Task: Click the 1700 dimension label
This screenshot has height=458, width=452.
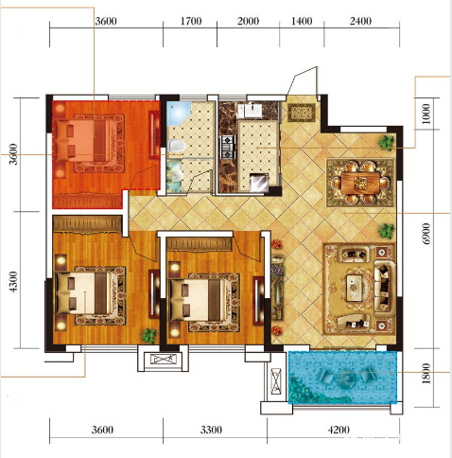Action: coord(191,21)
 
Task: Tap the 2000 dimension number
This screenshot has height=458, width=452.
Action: coord(248,21)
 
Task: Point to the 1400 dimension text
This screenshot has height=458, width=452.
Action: coord(302,21)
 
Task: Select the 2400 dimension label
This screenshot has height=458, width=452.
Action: coord(360,21)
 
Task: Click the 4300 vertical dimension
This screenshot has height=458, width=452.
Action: coord(14,282)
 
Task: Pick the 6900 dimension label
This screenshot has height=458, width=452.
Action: coord(426,234)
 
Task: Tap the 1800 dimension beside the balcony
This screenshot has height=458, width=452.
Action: coord(426,374)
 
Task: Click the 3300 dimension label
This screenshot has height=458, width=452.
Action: coord(211,430)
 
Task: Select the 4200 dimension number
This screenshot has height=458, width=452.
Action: coord(339,430)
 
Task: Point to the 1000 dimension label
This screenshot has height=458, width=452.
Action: coord(426,114)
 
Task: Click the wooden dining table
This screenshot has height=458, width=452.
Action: coord(360,182)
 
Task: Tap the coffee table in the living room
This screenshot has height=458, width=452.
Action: coord(355,288)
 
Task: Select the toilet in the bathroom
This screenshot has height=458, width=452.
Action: coord(176,146)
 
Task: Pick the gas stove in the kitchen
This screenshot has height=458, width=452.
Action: coord(228,147)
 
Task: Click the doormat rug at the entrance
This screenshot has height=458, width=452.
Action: coord(302,113)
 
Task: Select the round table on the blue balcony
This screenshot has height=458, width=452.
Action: coord(344,378)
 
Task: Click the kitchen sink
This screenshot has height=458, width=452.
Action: coord(252,111)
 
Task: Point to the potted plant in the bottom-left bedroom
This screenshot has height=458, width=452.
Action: coord(149,336)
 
